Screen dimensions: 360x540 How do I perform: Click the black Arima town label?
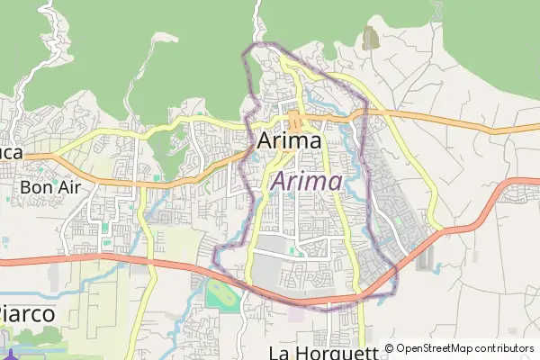289,141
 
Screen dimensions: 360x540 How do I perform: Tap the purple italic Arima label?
306,182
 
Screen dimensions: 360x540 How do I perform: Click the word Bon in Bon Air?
32,188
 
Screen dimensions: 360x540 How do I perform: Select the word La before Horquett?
281,352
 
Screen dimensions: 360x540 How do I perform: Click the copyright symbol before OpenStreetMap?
390,348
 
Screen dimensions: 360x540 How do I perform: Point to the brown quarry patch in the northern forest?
370,38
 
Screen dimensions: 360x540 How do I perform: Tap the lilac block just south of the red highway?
298,315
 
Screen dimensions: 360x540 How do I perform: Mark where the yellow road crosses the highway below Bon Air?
148,264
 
